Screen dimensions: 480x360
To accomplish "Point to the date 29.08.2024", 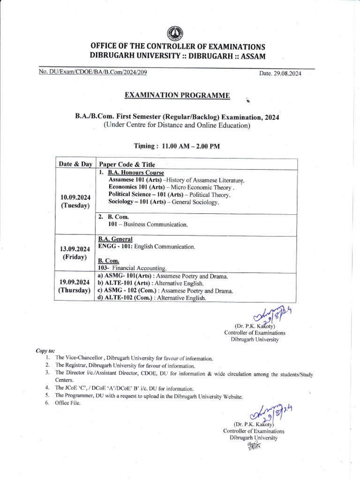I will click(280, 74).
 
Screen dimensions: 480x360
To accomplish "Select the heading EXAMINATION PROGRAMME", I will click(177, 96).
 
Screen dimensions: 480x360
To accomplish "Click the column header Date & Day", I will click(75, 164).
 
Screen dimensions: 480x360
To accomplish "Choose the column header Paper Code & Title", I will click(127, 165).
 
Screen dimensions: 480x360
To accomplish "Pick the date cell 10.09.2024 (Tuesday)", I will click(75, 201).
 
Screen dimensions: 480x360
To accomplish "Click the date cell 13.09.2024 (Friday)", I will click(75, 253).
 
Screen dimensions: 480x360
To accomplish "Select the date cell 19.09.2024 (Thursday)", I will click(75, 286).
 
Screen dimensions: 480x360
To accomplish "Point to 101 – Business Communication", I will click(148, 225).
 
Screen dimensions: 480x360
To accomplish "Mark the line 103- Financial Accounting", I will click(132, 268).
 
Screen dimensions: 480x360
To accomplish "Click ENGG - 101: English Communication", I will click(146, 246).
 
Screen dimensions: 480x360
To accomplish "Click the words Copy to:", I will click(45, 350).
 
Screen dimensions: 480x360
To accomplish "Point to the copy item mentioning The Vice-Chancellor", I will click(134, 358).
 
